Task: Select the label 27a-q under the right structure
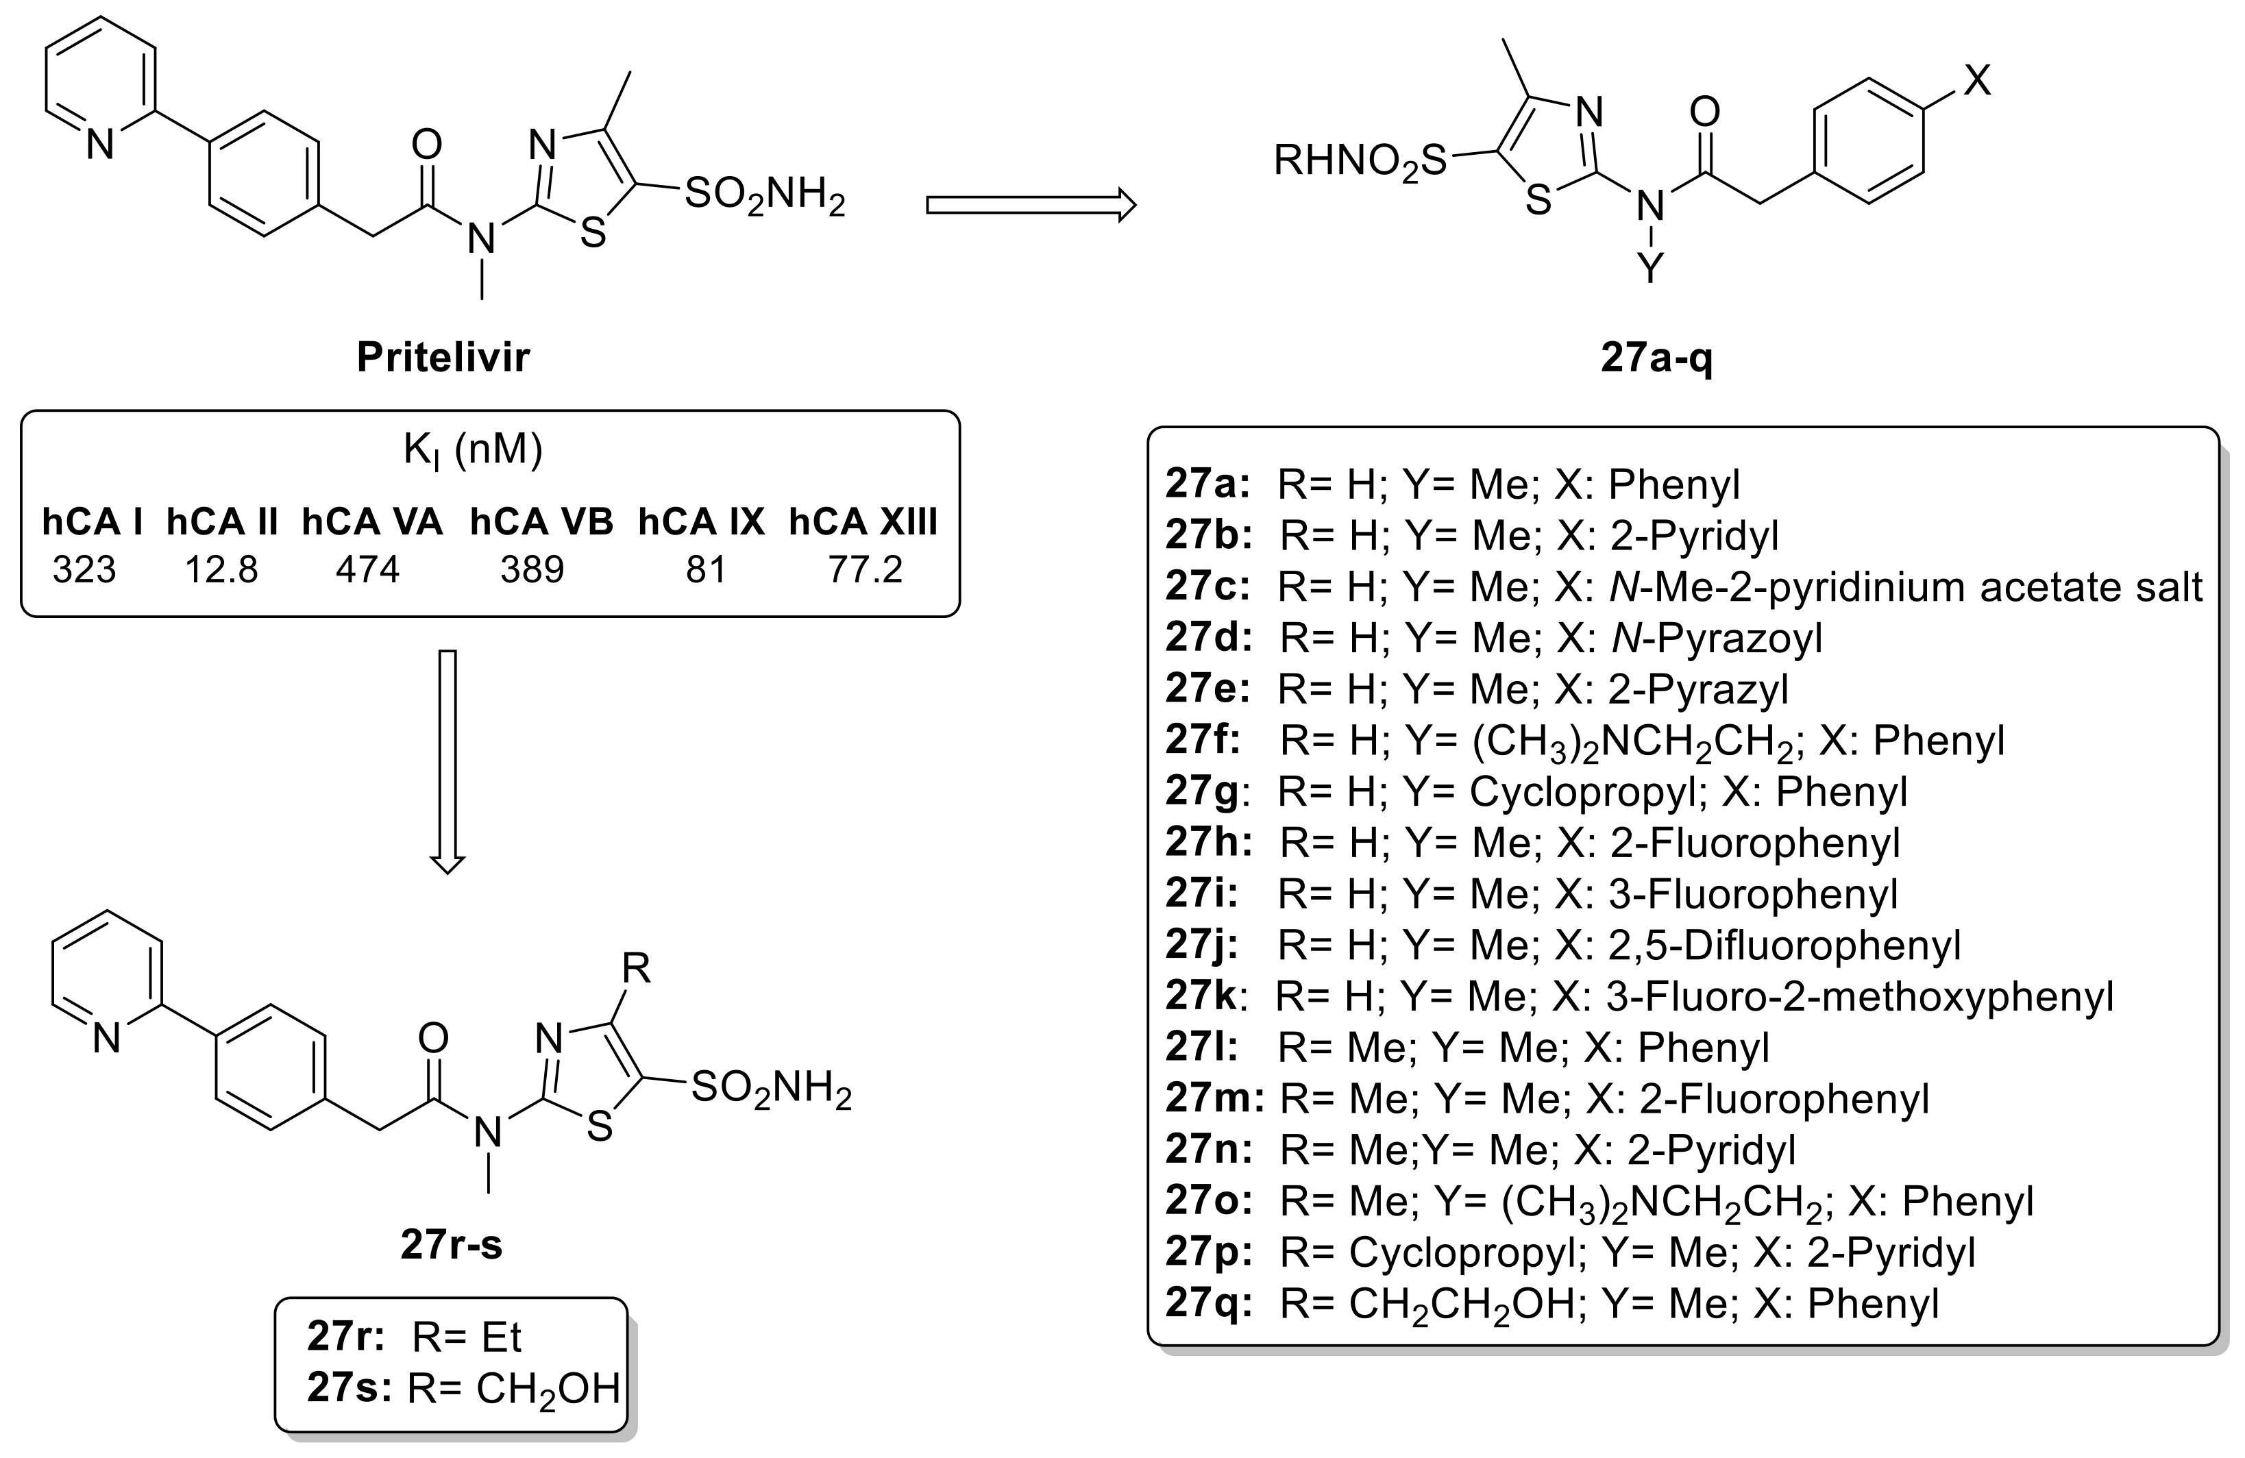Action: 1656,359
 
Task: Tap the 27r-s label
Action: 451,1246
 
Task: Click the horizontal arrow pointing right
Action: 1030,205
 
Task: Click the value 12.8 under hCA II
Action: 221,569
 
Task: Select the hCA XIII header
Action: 862,521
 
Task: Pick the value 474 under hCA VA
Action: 368,569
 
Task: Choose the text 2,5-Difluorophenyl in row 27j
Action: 1783,945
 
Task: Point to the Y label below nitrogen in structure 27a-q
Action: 1649,269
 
